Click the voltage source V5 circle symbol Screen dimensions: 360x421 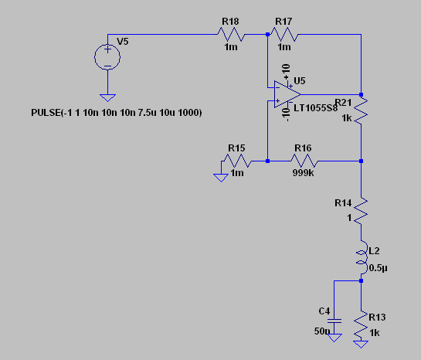[x=107, y=58]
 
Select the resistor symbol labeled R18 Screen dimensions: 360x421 [x=230, y=34]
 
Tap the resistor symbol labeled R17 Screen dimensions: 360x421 [x=284, y=34]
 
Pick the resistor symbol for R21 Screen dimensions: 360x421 [x=361, y=113]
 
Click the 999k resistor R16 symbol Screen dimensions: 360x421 [x=303, y=161]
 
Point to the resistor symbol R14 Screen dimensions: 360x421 [x=361, y=209]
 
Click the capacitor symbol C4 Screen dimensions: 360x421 [x=334, y=318]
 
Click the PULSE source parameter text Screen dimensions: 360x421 [x=116, y=114]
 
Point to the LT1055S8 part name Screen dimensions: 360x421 [x=315, y=108]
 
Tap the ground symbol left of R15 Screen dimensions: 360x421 [x=219, y=177]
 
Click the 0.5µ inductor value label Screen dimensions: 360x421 [x=377, y=268]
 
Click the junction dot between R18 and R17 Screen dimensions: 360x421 [x=267, y=34]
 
